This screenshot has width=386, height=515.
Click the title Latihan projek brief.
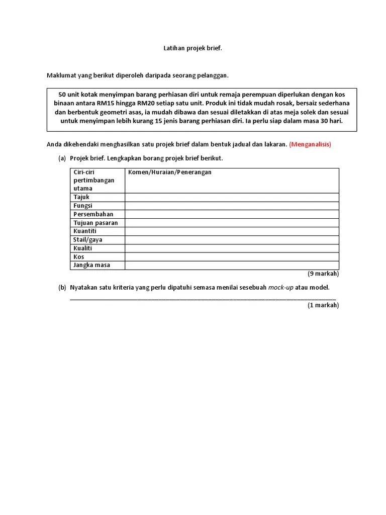coord(192,48)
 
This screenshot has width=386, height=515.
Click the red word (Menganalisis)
coord(310,144)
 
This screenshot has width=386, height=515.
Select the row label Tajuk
coord(81,197)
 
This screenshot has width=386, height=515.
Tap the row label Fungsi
coord(83,206)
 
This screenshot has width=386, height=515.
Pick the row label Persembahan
coord(93,214)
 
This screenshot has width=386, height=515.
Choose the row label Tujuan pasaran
coord(95,223)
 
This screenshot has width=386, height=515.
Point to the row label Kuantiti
coord(85,231)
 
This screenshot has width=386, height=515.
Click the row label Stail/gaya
coord(88,240)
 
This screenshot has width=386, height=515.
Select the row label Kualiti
coord(83,248)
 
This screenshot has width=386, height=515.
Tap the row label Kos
coord(79,257)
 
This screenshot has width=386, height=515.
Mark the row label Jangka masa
coord(91,265)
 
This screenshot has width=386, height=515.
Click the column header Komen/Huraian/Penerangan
coord(170,172)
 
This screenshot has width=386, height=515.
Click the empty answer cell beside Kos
coord(232,257)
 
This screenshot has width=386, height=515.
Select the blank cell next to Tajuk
coord(232,197)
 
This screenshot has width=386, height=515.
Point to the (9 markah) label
coord(323,274)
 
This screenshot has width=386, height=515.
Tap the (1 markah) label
coord(323,305)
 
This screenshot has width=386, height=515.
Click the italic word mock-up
coord(280,288)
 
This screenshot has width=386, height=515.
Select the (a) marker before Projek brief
coord(62,158)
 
